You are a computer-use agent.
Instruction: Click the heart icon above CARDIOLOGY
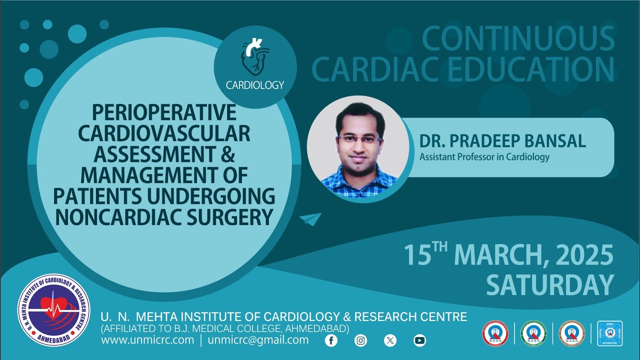coord(255,57)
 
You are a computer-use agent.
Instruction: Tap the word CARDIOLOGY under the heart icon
coord(255,85)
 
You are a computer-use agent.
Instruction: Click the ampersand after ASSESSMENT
coord(228,154)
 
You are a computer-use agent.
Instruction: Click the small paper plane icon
coord(310,219)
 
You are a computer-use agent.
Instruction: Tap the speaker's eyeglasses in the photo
coord(358,138)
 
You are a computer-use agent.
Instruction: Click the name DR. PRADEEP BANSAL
coord(502,141)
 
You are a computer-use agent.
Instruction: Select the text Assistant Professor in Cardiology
coord(484,157)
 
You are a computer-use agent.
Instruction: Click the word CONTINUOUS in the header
coord(518,39)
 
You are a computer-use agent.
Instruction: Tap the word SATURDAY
coord(549,285)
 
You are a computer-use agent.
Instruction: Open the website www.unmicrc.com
coord(147,340)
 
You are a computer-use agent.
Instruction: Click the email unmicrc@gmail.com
coord(258,340)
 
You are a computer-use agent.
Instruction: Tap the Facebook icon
coord(331,340)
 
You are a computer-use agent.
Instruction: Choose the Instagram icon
coord(360,340)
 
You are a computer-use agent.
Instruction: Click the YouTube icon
coord(419,340)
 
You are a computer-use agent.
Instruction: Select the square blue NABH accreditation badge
coord(609,333)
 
